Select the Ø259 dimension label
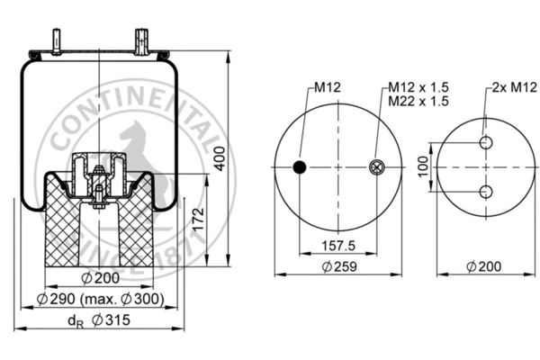338,266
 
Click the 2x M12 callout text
508,87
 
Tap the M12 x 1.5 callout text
418,87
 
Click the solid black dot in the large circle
300,166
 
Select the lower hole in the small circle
486,191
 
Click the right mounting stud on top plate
141,41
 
